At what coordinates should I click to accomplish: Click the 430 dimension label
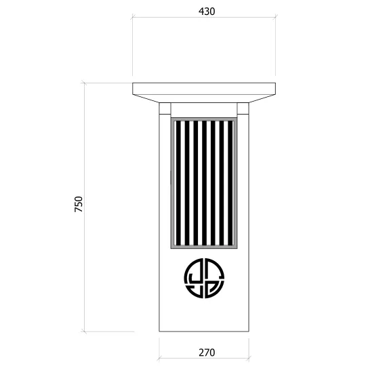point(207,12)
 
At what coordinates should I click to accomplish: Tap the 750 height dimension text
point(79,204)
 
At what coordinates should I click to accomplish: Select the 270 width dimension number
point(207,352)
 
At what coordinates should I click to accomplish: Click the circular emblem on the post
point(204,279)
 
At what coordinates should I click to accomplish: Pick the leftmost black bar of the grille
point(178,183)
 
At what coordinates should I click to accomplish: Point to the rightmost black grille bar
point(230,183)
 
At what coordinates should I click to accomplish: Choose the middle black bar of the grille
point(204,183)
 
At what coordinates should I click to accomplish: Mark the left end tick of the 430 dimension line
point(133,17)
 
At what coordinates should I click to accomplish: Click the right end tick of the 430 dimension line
point(276,17)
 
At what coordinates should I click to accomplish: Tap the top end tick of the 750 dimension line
point(84,83)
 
